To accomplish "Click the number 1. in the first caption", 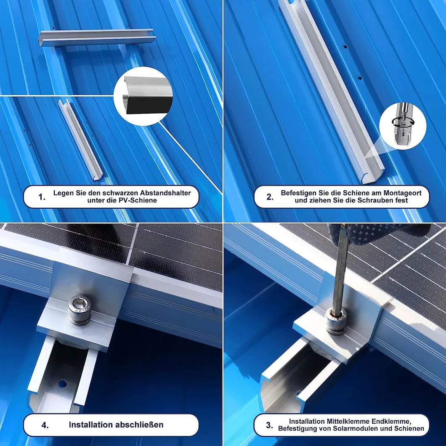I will pos(42,197).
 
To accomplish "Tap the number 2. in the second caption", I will pos(270,197).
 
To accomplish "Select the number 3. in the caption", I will pos(270,425).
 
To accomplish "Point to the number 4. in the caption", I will pos(45,425).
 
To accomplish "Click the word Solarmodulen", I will pos(354,429).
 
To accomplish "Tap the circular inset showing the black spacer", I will pos(143,96).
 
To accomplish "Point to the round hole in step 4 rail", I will pos(62,384).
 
